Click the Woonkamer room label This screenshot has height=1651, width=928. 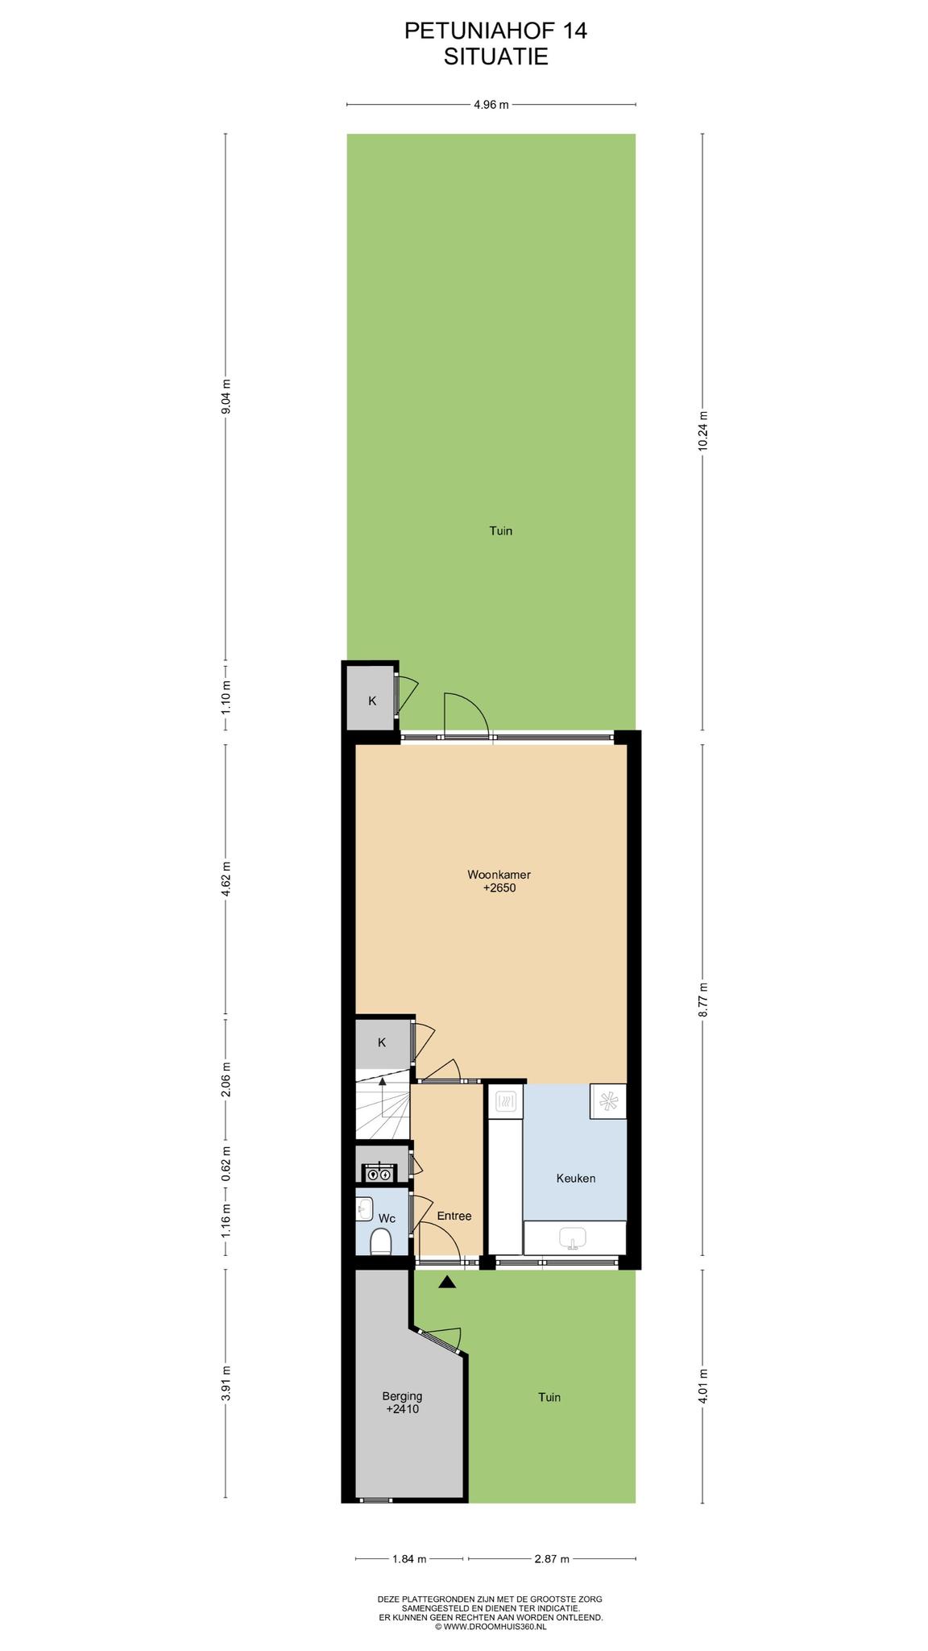coord(499,875)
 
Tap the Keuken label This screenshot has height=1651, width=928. coord(576,1178)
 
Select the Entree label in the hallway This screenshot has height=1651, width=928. coord(454,1216)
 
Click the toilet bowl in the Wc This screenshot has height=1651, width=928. coord(380,1241)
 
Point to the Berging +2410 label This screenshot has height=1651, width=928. coord(402,1403)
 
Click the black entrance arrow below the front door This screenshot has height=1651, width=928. coord(447,1282)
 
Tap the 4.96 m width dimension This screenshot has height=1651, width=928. coord(491,104)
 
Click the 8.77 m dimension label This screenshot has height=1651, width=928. coord(702,1000)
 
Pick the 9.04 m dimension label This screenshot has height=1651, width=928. coord(226,396)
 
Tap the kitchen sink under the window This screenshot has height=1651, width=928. coord(574,1237)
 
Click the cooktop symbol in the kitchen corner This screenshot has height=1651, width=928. coord(608,1101)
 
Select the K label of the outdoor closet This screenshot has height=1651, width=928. coord(372,701)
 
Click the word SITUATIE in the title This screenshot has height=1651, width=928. coord(496,56)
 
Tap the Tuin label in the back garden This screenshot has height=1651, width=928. coord(501,530)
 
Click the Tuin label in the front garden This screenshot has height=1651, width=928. coord(549,1397)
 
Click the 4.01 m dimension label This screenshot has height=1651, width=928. coord(702,1386)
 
